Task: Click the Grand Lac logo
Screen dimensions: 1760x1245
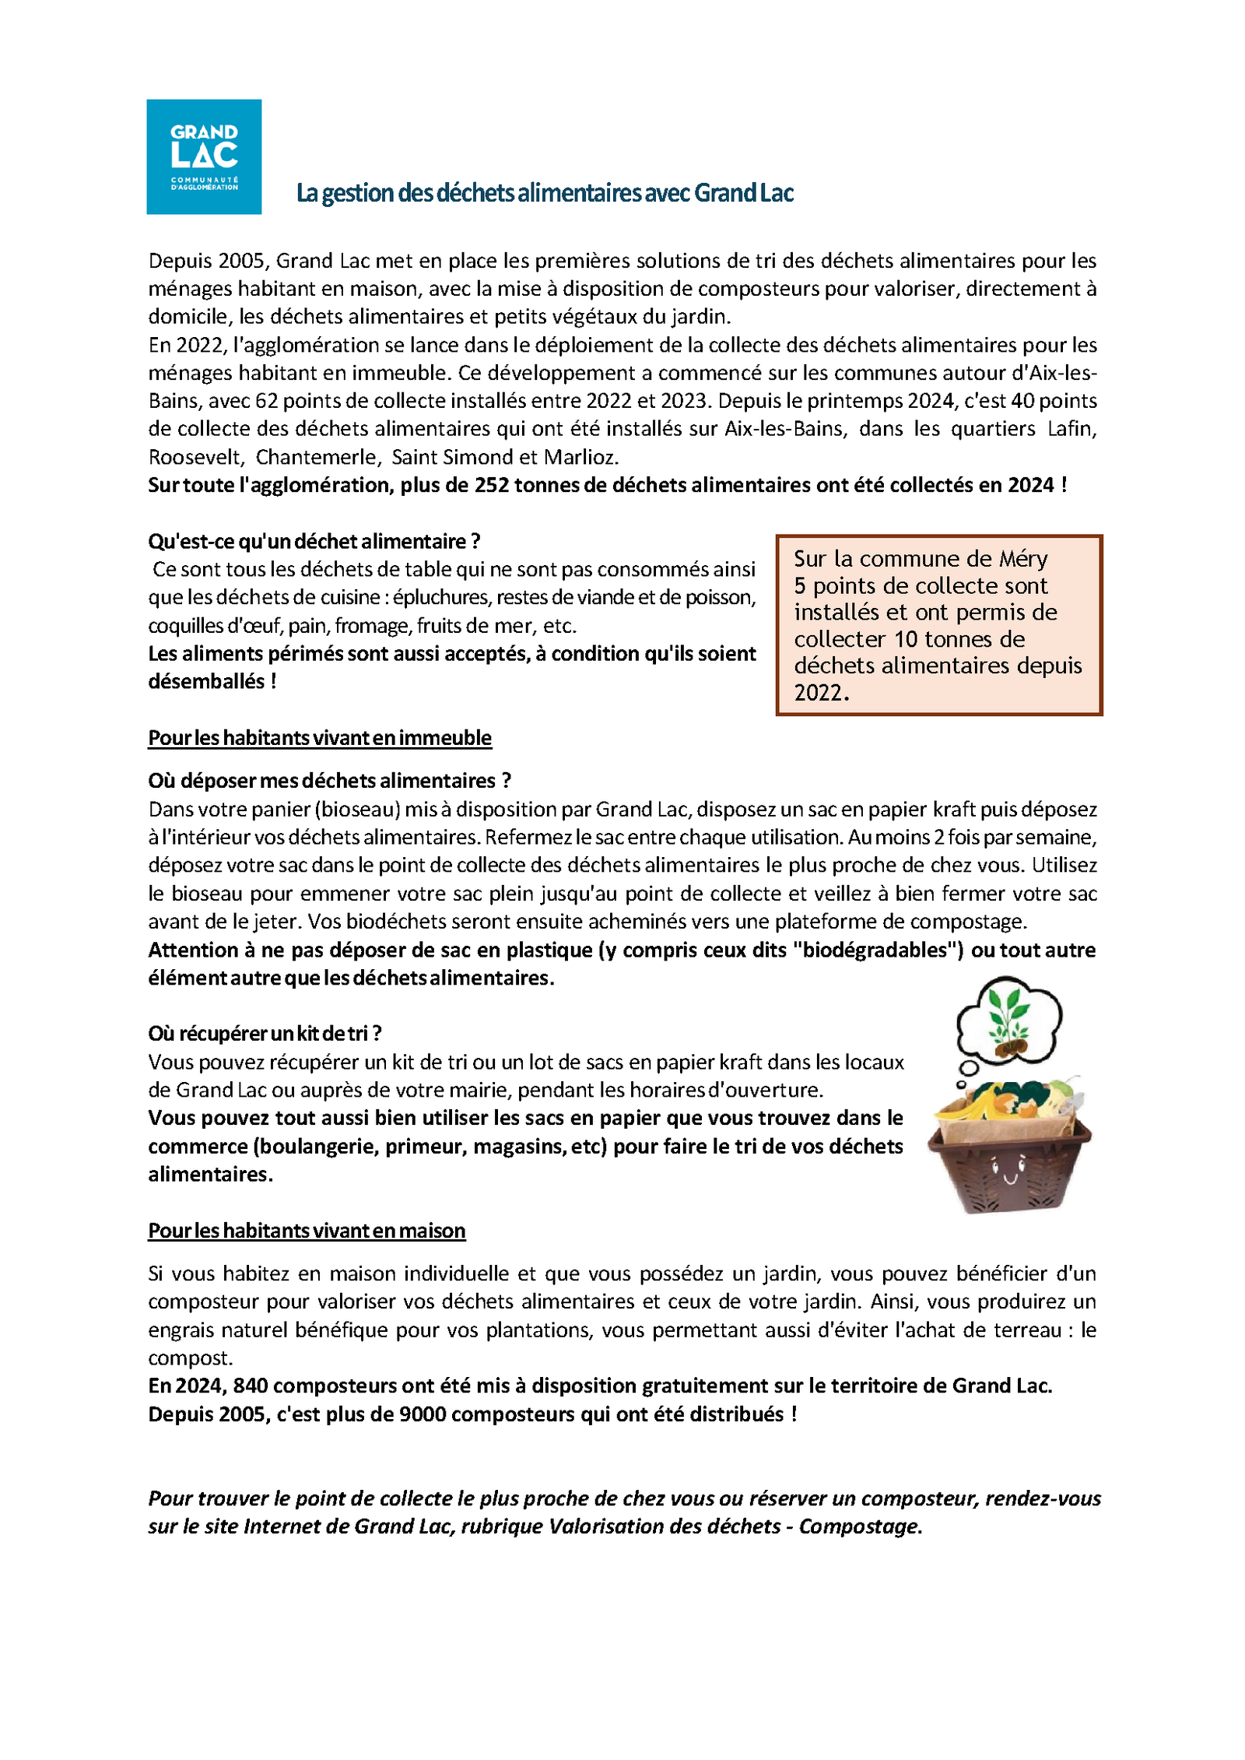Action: click(x=204, y=156)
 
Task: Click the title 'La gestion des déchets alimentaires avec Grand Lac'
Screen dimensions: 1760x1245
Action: click(x=545, y=193)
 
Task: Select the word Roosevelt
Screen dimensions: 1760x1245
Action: click(x=195, y=457)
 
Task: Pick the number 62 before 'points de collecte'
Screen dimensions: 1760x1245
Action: click(x=266, y=401)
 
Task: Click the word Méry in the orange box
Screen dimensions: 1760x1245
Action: click(x=1022, y=559)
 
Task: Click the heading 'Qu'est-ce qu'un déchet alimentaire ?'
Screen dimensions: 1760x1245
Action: click(x=314, y=541)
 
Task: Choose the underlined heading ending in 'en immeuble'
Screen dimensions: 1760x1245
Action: click(x=320, y=737)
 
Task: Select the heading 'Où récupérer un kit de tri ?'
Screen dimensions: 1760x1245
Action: click(x=265, y=1033)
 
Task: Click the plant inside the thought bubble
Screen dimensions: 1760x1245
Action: click(x=1008, y=1013)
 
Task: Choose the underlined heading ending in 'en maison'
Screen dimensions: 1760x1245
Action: click(x=307, y=1230)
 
